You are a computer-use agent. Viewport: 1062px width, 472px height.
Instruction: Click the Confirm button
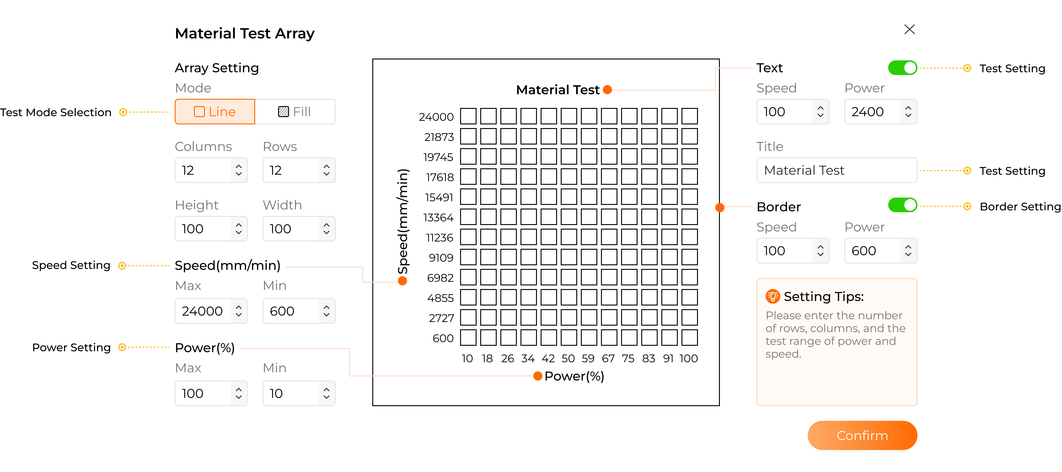(x=862, y=435)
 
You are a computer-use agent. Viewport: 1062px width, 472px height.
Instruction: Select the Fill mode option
(x=295, y=112)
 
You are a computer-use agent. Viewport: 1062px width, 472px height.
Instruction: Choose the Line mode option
(x=215, y=112)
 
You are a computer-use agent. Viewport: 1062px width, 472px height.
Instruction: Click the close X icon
(x=909, y=29)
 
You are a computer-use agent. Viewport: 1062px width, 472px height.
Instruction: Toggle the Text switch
(x=902, y=68)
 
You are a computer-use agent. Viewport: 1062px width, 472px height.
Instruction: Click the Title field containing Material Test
(x=837, y=170)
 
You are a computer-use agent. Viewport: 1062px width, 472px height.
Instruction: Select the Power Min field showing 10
(x=299, y=393)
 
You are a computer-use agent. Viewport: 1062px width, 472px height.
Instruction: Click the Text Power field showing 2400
(x=881, y=112)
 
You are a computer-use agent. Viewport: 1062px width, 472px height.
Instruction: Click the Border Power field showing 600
(x=881, y=251)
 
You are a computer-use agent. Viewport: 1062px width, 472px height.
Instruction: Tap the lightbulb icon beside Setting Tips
(x=772, y=296)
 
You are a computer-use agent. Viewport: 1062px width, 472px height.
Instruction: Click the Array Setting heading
(x=217, y=68)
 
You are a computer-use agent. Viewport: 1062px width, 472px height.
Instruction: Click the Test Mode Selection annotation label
(x=56, y=112)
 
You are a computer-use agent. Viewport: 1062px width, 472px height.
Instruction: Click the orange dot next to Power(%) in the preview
(x=538, y=376)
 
